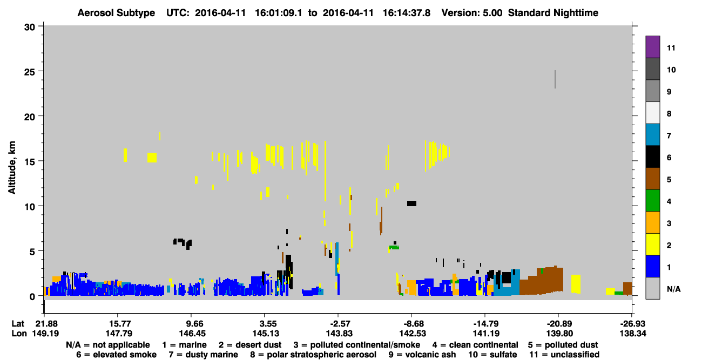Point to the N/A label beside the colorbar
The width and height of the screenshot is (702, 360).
pyautogui.click(x=673, y=289)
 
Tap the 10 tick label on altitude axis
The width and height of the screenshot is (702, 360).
pyautogui.click(x=30, y=207)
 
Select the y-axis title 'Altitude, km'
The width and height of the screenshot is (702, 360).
pyautogui.click(x=12, y=168)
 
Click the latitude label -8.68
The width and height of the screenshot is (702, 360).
pyautogui.click(x=411, y=323)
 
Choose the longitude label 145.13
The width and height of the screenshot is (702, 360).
pyautogui.click(x=266, y=334)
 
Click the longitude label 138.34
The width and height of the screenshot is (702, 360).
pyautogui.click(x=633, y=334)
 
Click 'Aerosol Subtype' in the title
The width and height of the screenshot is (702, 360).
pyautogui.click(x=116, y=13)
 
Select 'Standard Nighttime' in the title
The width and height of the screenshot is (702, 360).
pyautogui.click(x=553, y=13)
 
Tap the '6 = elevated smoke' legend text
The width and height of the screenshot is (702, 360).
pyautogui.click(x=116, y=355)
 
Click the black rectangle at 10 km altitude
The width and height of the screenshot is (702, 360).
pyautogui.click(x=412, y=203)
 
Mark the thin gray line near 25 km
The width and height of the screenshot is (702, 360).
pyautogui.click(x=555, y=79)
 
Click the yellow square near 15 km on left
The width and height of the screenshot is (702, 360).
pyautogui.click(x=152, y=158)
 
